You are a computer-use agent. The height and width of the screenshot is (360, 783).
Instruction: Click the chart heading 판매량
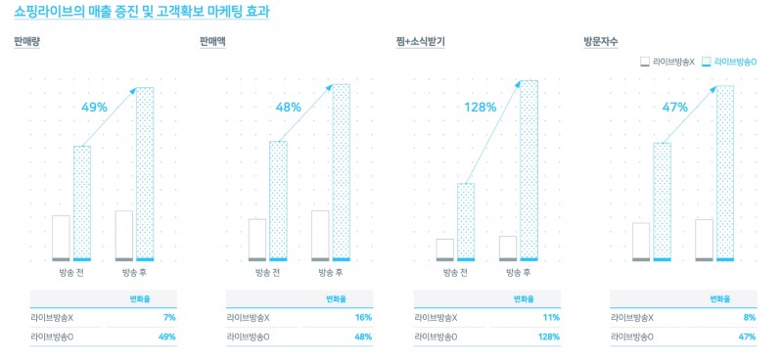pos(26,42)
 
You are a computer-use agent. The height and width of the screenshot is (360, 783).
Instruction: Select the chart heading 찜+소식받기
pos(411,42)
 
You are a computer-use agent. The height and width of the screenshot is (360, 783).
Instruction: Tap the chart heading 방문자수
pos(600,42)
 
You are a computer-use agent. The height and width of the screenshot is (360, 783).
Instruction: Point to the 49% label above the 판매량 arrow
pos(95,107)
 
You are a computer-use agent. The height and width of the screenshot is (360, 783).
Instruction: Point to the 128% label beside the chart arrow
pos(480,107)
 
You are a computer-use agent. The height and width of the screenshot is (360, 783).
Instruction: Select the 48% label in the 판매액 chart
pos(289,107)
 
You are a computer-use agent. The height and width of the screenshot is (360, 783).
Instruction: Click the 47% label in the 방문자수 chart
pos(675,107)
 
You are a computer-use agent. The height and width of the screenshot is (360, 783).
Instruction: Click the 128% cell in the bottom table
pos(548,337)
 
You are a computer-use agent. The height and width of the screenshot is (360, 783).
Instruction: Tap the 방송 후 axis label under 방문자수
pos(716,272)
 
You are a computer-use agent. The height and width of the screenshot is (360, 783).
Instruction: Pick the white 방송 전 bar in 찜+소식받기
pos(445,249)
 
